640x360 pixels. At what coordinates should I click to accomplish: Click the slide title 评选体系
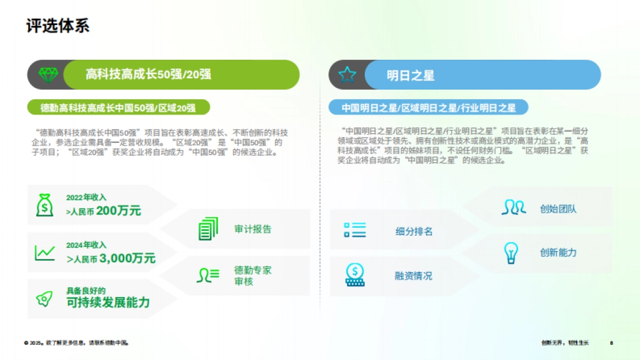tap(58, 26)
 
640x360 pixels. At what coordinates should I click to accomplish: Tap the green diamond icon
tap(47, 75)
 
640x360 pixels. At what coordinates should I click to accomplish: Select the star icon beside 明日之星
tap(347, 75)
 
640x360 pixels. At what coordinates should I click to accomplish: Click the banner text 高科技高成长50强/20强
tap(148, 75)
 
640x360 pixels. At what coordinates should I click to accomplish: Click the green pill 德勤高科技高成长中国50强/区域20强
tap(118, 108)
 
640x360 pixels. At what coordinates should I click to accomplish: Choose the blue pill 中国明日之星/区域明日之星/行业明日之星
tap(428, 108)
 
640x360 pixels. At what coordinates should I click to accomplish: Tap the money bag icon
tap(45, 205)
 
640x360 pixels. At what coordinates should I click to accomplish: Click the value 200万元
tap(119, 211)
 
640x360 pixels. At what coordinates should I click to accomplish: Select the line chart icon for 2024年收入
tap(45, 253)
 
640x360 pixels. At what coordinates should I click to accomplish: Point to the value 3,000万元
tap(127, 259)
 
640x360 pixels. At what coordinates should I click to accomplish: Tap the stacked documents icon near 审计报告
tap(208, 229)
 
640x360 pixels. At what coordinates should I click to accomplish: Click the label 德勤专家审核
tap(252, 276)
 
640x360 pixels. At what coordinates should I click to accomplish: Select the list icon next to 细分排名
tap(355, 230)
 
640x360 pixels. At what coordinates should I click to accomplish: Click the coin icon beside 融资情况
tap(355, 275)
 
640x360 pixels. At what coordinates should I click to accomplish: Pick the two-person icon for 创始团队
tap(513, 207)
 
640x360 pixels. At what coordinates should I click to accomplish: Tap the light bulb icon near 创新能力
tap(511, 253)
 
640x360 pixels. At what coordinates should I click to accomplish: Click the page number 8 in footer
tap(612, 343)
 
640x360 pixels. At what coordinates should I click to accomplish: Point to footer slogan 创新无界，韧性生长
tap(564, 343)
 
